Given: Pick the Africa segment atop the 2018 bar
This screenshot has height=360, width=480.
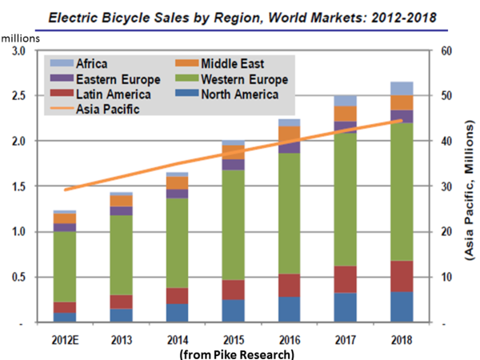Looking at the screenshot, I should pos(402,88).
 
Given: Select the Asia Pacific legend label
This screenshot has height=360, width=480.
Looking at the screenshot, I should pos(105,110).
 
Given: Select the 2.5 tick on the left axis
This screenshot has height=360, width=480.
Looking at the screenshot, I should pos(15,96).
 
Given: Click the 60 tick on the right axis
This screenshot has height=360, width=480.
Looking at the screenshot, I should pos(443,51).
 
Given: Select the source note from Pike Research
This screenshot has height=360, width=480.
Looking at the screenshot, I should pos(237,353).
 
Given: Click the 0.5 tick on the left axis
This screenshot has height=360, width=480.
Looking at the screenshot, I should pos(15,278).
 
